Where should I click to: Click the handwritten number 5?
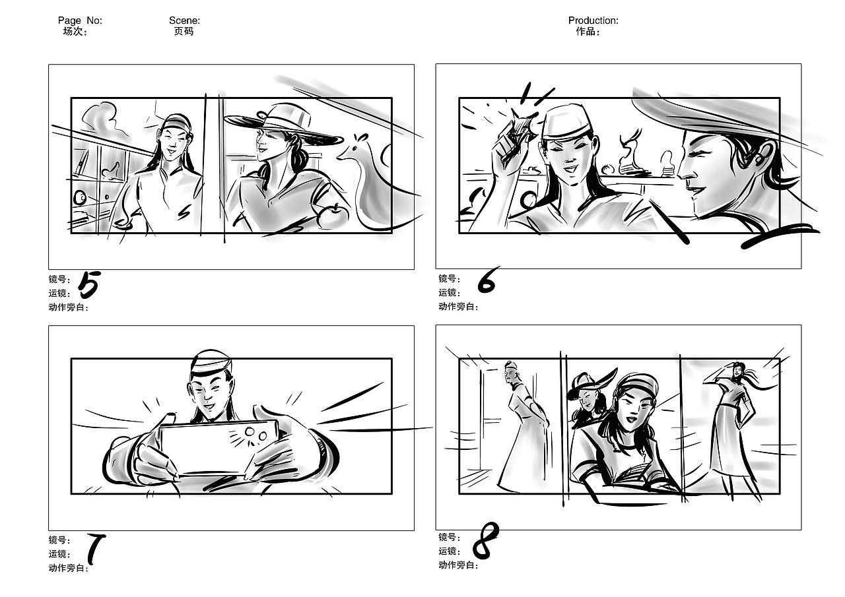coord(89,284)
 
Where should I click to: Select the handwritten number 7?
coord(96,549)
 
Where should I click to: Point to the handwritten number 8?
coord(485,541)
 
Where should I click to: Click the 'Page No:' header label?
coord(80,20)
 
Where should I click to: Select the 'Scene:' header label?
coord(184,20)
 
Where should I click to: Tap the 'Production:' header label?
coord(593,20)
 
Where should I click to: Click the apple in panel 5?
coord(333,216)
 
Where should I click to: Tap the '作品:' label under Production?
coord(588,31)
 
